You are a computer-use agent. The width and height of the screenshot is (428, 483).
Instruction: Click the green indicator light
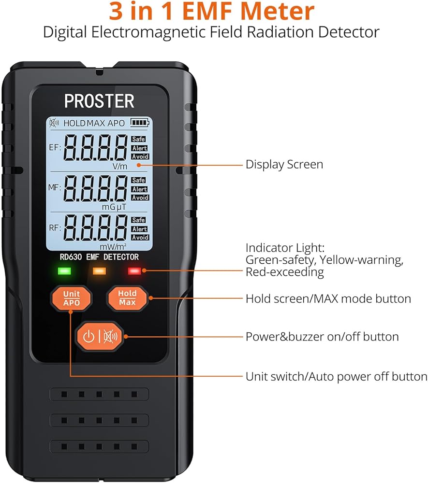[64, 270]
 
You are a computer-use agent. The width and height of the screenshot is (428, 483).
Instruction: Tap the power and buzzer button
[100, 336]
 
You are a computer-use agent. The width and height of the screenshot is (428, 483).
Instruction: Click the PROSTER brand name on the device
[99, 101]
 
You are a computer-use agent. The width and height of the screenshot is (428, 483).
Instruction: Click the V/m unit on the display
[119, 165]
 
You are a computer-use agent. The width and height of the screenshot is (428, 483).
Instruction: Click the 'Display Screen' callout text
[284, 164]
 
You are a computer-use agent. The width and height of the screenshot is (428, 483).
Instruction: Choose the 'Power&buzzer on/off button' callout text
[322, 336]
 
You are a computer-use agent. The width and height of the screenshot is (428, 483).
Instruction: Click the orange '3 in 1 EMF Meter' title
[211, 12]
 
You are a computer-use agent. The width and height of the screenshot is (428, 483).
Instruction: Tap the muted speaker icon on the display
[54, 123]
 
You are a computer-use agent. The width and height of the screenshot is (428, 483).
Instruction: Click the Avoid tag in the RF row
[140, 238]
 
